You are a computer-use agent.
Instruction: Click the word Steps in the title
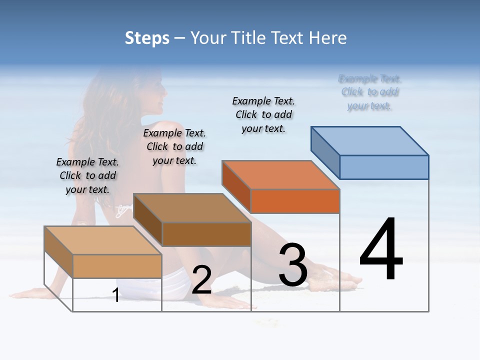click(147, 38)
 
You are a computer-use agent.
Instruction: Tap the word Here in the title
click(328, 38)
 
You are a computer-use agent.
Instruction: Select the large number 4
click(381, 250)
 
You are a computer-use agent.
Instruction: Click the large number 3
click(293, 264)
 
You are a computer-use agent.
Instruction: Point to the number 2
click(201, 280)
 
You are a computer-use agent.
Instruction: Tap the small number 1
click(116, 295)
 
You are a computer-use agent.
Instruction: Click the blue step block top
click(370, 140)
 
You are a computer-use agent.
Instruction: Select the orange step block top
click(280, 174)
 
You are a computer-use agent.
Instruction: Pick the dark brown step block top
click(192, 207)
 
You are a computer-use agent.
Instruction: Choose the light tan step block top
click(103, 240)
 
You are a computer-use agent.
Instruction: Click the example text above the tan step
click(87, 175)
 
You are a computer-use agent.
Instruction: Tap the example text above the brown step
click(174, 146)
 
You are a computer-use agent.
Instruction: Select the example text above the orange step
click(263, 114)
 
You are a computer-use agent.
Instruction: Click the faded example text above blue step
click(369, 92)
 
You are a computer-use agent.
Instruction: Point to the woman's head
click(150, 92)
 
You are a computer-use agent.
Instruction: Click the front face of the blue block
click(384, 167)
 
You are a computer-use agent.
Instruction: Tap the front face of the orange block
click(295, 201)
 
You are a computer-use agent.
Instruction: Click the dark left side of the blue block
click(325, 152)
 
